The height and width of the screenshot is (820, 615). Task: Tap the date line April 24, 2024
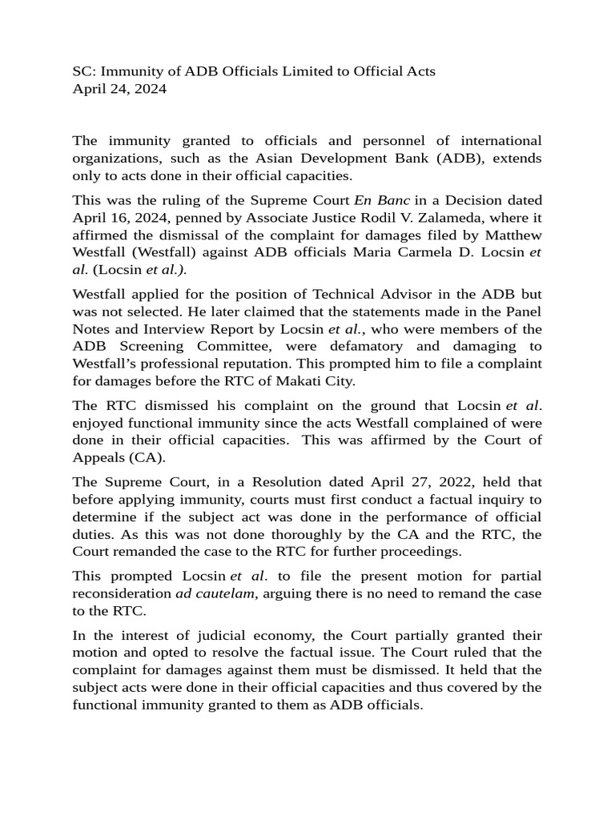pos(119,89)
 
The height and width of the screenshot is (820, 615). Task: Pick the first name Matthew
pos(509,234)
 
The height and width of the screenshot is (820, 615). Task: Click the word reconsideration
pos(120,593)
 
